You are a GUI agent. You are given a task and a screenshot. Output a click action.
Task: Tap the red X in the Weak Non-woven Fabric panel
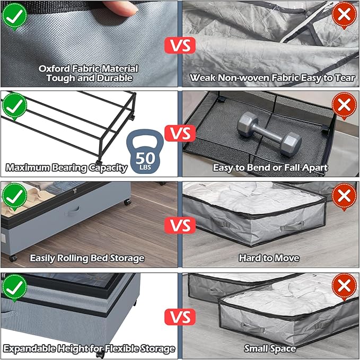344,14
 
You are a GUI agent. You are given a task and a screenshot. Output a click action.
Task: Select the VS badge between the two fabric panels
180,45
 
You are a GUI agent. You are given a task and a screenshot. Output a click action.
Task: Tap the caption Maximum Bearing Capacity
66,168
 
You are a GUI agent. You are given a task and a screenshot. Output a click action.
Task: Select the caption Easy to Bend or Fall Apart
270,168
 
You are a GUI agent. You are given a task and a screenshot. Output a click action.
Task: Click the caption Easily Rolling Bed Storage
87,258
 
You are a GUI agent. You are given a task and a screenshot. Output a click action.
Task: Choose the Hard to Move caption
269,258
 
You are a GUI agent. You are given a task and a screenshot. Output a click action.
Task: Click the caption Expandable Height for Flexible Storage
89,349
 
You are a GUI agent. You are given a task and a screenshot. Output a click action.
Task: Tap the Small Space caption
269,349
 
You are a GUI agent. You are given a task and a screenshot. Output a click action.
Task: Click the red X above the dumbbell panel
344,106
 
